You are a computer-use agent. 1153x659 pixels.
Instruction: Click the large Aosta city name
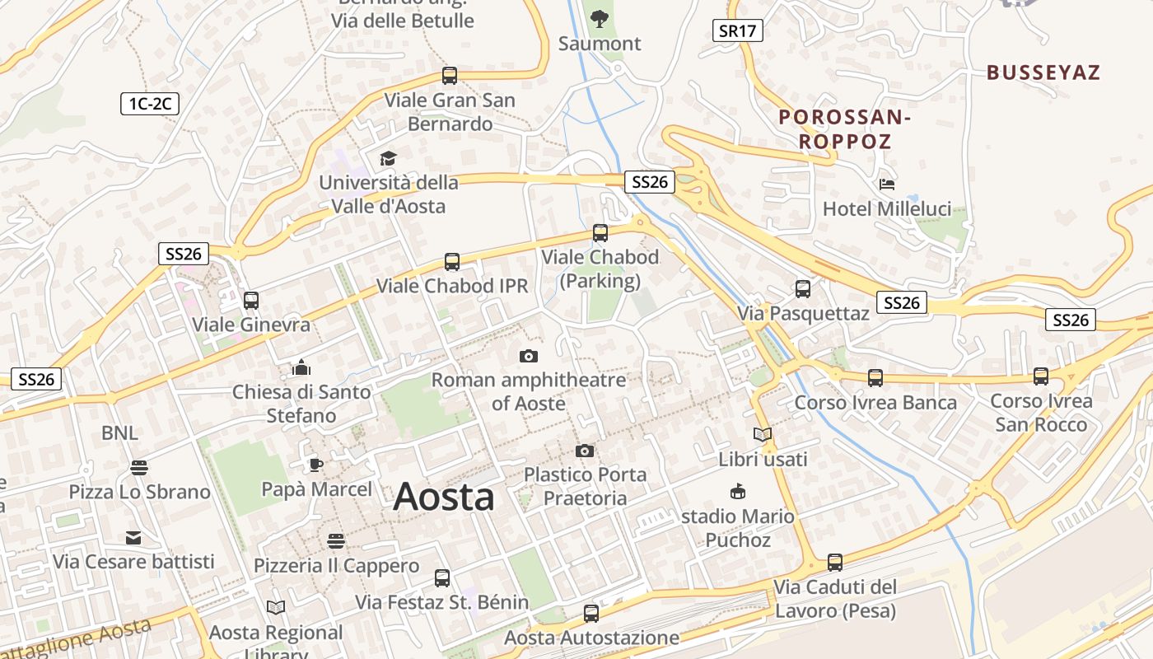(x=444, y=497)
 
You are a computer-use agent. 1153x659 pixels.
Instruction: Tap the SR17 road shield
(x=737, y=31)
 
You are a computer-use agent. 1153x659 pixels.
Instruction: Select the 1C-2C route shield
(x=149, y=104)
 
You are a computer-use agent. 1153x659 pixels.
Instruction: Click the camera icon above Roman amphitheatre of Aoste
(x=529, y=356)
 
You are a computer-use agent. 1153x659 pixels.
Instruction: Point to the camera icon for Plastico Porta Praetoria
(x=585, y=451)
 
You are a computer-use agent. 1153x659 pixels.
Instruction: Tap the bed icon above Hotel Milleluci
(x=887, y=184)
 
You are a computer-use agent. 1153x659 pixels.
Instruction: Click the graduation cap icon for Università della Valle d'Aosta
(x=388, y=158)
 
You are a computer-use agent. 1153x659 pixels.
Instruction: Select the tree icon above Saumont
(x=600, y=18)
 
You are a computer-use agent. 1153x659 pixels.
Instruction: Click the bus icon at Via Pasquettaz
(x=803, y=289)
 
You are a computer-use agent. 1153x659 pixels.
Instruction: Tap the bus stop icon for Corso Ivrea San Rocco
(x=1041, y=376)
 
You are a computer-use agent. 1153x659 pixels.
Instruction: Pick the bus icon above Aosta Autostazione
(x=591, y=613)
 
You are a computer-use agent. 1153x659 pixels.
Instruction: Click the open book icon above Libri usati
(x=763, y=434)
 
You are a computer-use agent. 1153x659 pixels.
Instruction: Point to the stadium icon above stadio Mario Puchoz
(x=738, y=492)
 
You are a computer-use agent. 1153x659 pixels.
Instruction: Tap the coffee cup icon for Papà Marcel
(x=316, y=465)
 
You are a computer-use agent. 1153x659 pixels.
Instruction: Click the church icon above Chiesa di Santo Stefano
(x=301, y=367)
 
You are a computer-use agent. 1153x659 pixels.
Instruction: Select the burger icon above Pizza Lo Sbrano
(x=139, y=468)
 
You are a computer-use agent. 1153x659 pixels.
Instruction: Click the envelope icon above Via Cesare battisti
(x=133, y=538)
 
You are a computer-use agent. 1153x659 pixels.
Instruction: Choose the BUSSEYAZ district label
(x=1043, y=72)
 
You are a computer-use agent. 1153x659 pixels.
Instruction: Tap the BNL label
(x=120, y=433)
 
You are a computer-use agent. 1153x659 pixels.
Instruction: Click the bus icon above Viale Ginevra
(x=251, y=301)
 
